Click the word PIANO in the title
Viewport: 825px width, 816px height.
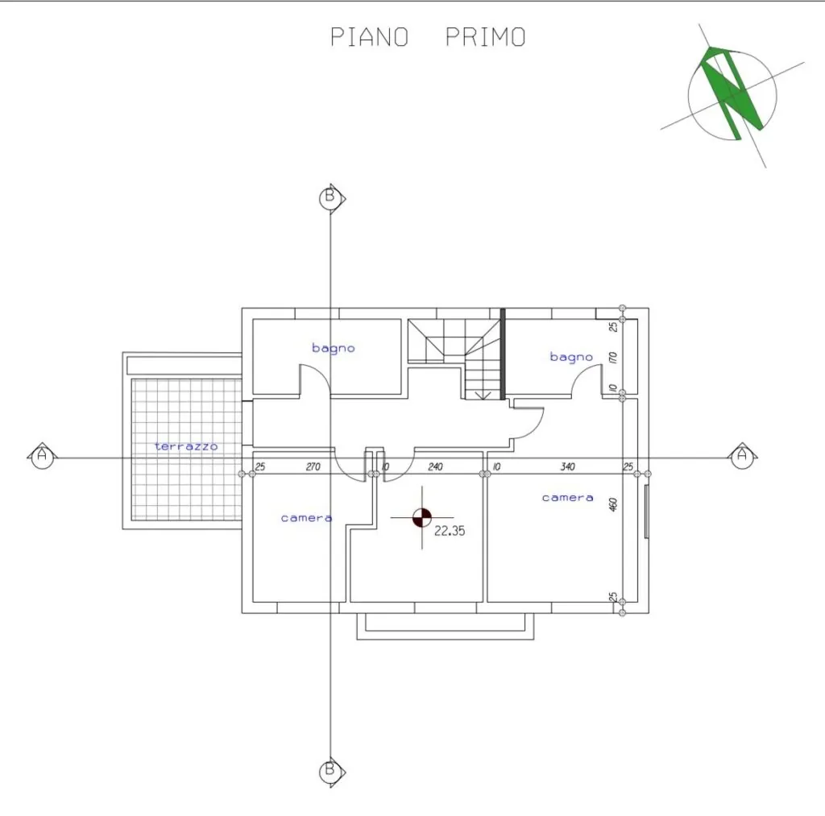coord(369,37)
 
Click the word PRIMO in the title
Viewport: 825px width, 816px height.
coord(486,37)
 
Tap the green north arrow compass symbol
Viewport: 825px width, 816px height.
coord(732,95)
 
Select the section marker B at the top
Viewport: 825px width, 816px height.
coord(332,198)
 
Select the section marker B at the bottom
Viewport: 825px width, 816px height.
coord(332,772)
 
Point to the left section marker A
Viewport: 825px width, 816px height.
coord(42,455)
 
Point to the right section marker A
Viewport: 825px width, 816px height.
coord(742,455)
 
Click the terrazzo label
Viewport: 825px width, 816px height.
coord(186,446)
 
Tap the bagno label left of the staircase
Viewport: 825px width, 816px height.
coord(333,348)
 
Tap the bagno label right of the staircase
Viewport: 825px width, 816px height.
coord(571,357)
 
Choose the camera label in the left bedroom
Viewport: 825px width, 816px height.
coord(307,518)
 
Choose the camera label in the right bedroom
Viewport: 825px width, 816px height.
coord(568,498)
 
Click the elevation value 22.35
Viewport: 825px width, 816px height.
coord(450,531)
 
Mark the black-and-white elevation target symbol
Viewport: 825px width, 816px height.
coord(422,518)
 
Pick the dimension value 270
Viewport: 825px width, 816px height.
coord(313,466)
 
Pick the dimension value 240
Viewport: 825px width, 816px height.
coord(436,466)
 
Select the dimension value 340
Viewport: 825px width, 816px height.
coord(568,466)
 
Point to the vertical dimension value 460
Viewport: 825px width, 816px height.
coord(613,504)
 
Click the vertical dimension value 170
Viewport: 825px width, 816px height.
coord(613,358)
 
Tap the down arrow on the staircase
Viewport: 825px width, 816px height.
coord(483,395)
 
